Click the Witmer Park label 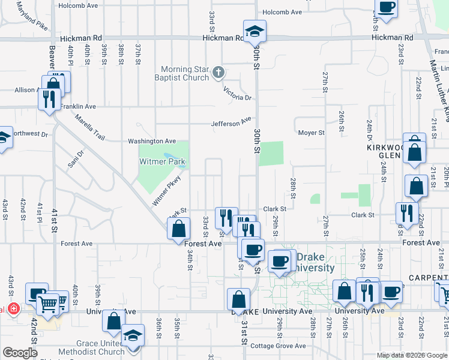(x=162, y=162)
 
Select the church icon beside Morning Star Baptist (x=218, y=73)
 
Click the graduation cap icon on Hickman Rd (x=255, y=30)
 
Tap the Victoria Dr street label (x=237, y=94)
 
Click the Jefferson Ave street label (x=231, y=123)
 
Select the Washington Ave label (x=151, y=141)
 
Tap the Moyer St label (x=311, y=133)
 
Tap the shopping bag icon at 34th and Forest (x=179, y=229)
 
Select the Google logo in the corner (x=19, y=353)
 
